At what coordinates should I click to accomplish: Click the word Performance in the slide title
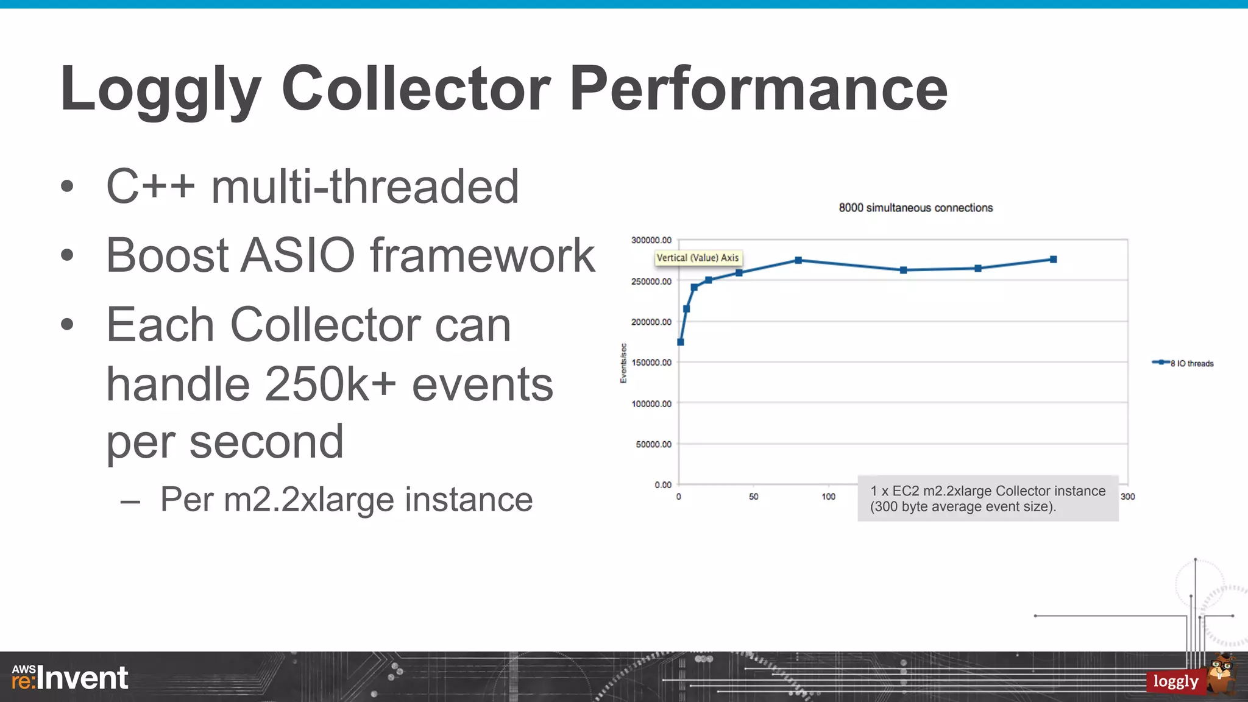(x=758, y=90)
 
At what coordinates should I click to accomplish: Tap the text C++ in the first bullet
(x=151, y=186)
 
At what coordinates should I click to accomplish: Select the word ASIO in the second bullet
(x=297, y=255)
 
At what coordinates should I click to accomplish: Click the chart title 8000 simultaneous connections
(x=915, y=208)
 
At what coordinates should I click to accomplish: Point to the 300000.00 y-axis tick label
(x=651, y=240)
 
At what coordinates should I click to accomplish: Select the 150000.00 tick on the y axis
(x=651, y=363)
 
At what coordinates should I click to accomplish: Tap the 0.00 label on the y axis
(x=662, y=485)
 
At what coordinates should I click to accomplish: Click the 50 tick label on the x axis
(x=753, y=497)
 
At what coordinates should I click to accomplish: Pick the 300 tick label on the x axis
(x=1127, y=497)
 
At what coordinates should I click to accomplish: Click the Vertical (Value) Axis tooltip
(x=698, y=258)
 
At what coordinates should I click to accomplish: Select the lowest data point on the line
(x=681, y=342)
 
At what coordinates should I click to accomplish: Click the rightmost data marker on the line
(x=1053, y=260)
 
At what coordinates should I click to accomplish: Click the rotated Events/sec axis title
(x=623, y=363)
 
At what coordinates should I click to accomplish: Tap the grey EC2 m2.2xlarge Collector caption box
(x=987, y=498)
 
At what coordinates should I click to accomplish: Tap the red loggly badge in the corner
(x=1175, y=681)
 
